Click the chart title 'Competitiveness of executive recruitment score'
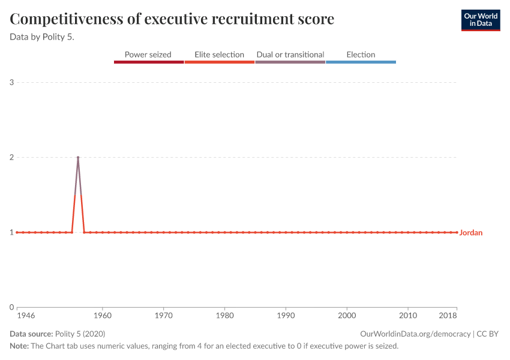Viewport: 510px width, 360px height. click(172, 19)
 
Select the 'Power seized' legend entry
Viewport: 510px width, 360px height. click(148, 55)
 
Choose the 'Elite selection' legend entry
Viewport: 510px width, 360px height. click(220, 55)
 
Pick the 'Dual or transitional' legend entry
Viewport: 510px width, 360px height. click(290, 55)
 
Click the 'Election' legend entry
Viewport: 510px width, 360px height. click(361, 55)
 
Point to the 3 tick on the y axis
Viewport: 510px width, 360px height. click(11, 82)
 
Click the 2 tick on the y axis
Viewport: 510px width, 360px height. click(11, 157)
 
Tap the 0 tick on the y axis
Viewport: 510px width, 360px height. click(11, 307)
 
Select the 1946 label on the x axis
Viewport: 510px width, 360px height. click(25, 316)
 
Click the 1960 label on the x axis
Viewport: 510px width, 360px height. click(103, 316)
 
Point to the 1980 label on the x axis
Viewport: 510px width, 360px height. click(224, 316)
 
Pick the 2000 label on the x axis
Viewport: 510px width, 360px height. click(347, 316)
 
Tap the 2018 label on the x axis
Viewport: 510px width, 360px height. click(448, 316)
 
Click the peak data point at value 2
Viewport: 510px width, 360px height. click(78, 157)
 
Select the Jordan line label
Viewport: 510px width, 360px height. click(471, 233)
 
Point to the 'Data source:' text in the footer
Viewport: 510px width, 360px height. click(31, 334)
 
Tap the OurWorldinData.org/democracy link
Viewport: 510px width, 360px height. click(415, 334)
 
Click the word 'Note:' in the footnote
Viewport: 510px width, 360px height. click(19, 346)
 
